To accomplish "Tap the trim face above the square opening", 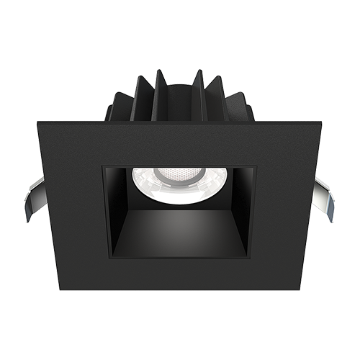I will coord(180,140).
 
